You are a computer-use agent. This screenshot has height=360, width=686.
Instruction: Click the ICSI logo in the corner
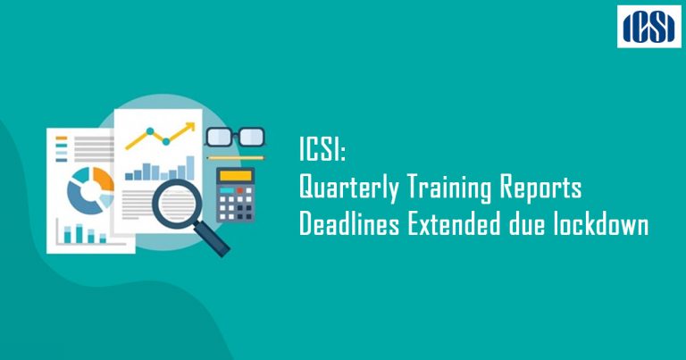pos(649,27)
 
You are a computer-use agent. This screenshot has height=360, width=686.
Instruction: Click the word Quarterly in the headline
pos(348,188)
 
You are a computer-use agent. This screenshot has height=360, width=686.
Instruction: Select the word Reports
pos(540,188)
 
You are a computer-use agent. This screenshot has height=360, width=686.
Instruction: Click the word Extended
pos(454,225)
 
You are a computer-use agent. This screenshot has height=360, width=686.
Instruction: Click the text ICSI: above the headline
pos(322,148)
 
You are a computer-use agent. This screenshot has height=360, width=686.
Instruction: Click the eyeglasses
pos(236,137)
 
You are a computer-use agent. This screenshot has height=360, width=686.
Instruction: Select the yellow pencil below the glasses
pos(236,158)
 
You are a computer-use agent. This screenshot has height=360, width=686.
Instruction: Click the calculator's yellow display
pos(236,176)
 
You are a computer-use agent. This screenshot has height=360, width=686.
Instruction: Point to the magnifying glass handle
pos(213,239)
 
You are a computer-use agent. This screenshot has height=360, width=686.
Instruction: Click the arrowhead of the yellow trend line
pos(190,127)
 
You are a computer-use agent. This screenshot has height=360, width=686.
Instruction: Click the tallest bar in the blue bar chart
pos(190,168)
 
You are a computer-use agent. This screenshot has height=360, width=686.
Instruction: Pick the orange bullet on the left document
pos(62,138)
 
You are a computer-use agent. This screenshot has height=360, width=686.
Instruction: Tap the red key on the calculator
pos(239,190)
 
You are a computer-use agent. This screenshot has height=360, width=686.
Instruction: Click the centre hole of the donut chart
pos(91,191)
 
